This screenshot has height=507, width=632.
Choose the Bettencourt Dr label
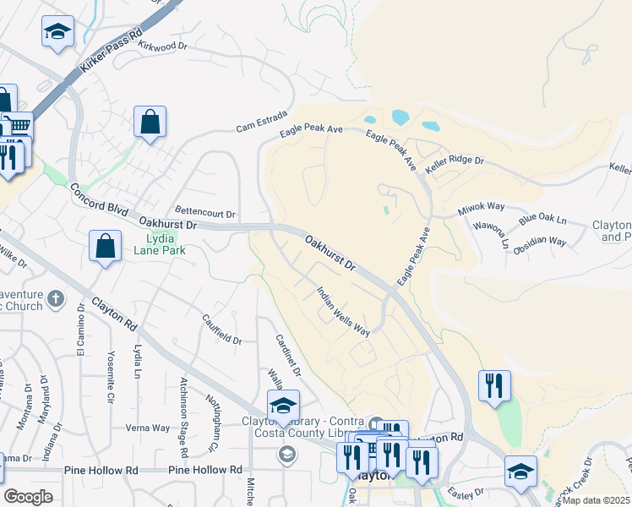tap(205, 211)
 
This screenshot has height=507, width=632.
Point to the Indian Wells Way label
tap(343, 311)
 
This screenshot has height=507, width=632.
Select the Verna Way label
tap(148, 428)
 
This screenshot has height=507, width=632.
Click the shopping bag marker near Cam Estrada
tap(150, 122)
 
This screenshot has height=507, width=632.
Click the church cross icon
tap(55, 298)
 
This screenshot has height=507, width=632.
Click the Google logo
tap(28, 497)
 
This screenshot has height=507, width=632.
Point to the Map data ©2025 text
tap(597, 500)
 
